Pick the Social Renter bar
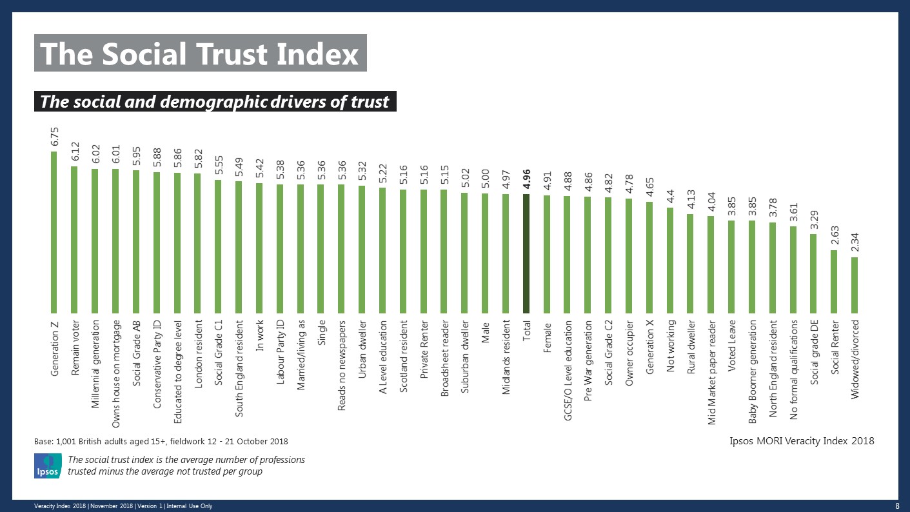pyautogui.click(x=835, y=281)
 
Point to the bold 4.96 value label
pyautogui.click(x=527, y=181)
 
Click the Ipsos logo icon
pyautogui.click(x=47, y=466)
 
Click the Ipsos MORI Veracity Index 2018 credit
pyautogui.click(x=802, y=441)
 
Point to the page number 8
pyautogui.click(x=897, y=506)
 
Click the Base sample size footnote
pyautogui.click(x=161, y=441)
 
